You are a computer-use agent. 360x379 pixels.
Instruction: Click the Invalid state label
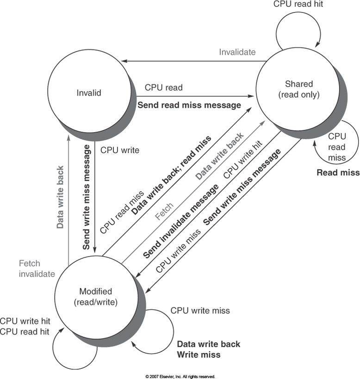(x=89, y=93)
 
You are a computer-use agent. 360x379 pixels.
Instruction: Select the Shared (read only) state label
(x=299, y=89)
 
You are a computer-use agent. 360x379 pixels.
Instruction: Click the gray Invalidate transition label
(x=237, y=52)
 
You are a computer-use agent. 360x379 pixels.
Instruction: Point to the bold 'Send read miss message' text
(x=189, y=105)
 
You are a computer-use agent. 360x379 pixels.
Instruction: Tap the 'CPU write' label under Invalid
(x=119, y=150)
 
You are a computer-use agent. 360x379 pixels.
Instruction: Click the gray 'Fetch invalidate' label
(x=37, y=269)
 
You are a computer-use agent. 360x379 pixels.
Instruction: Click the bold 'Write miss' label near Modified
(x=199, y=355)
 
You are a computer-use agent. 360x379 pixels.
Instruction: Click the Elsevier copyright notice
(x=180, y=376)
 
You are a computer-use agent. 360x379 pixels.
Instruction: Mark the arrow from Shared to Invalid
(x=194, y=61)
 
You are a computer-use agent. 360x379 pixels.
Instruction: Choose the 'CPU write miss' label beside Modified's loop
(x=200, y=311)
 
